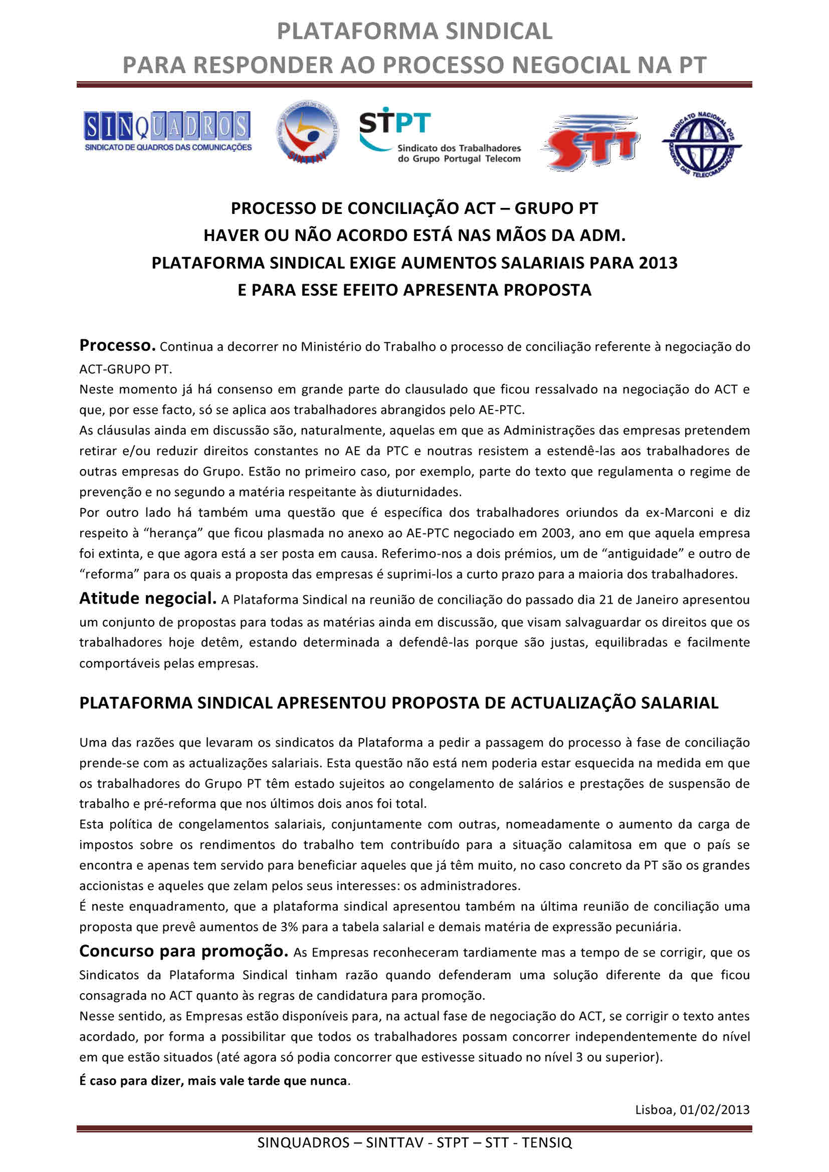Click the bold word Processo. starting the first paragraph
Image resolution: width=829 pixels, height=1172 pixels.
(x=117, y=346)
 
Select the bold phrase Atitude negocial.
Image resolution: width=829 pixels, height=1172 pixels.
(x=148, y=598)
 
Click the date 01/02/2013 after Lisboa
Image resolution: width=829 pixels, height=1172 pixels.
(x=714, y=1109)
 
